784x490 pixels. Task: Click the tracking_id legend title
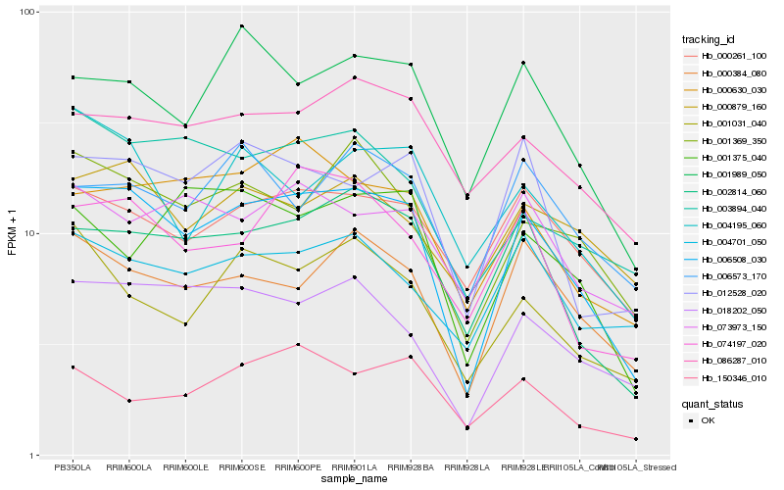coord(715,39)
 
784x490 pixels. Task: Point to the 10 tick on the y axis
coord(30,234)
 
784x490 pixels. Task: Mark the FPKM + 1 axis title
coord(12,233)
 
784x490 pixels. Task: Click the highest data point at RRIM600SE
coord(241,26)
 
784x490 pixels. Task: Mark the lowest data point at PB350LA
coord(73,367)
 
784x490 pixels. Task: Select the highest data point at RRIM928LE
coord(523,63)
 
